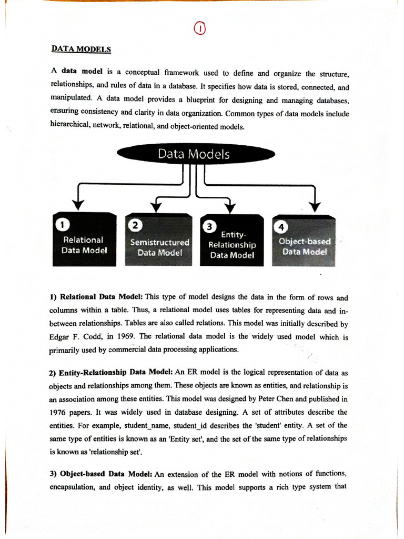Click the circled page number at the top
click(x=200, y=29)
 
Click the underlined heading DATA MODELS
click(x=81, y=49)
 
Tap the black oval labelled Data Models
click(x=196, y=154)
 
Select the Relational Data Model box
click(x=84, y=239)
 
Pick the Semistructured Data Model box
click(x=159, y=240)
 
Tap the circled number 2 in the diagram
click(x=135, y=225)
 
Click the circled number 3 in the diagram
click(x=209, y=226)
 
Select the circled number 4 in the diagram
click(x=281, y=227)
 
